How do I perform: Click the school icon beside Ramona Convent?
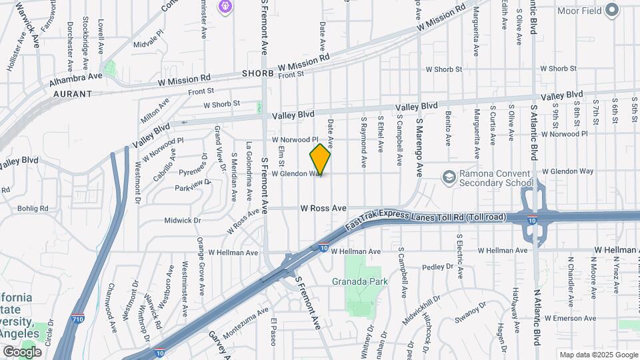tap(448, 176)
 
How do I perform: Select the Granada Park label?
tap(360, 281)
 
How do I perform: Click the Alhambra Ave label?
tap(75, 76)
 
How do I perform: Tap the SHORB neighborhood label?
tap(257, 73)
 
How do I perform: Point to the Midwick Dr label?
tap(183, 220)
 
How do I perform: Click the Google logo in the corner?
tap(22, 351)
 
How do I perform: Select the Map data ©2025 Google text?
tap(598, 355)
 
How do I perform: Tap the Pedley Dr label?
tap(438, 267)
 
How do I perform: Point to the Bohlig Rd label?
tap(34, 209)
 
